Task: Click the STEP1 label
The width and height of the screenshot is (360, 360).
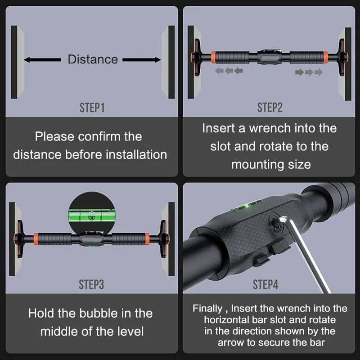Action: (92, 108)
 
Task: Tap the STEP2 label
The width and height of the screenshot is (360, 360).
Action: (270, 108)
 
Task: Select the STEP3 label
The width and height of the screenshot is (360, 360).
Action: (91, 284)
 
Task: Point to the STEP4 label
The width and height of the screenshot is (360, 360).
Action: (265, 284)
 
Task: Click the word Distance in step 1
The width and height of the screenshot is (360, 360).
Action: (93, 59)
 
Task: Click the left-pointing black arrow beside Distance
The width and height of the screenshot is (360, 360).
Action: (42, 60)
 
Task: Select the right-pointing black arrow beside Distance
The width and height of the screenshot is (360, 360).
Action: (142, 60)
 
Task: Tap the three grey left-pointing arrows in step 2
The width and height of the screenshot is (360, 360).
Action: (229, 71)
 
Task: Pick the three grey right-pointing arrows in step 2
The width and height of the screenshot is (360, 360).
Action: (309, 72)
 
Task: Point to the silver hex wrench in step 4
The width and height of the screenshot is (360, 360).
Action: (302, 252)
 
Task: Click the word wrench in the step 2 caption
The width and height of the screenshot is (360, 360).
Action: (270, 128)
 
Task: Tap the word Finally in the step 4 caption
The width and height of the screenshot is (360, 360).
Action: (207, 309)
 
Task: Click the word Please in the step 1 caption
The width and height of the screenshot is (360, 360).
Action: (54, 137)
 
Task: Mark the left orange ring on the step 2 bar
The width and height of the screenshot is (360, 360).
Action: (213, 57)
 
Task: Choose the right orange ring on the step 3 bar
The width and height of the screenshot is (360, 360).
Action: (147, 238)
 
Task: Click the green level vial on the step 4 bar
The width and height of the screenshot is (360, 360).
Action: (247, 206)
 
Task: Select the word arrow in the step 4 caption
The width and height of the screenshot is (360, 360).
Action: (231, 343)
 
